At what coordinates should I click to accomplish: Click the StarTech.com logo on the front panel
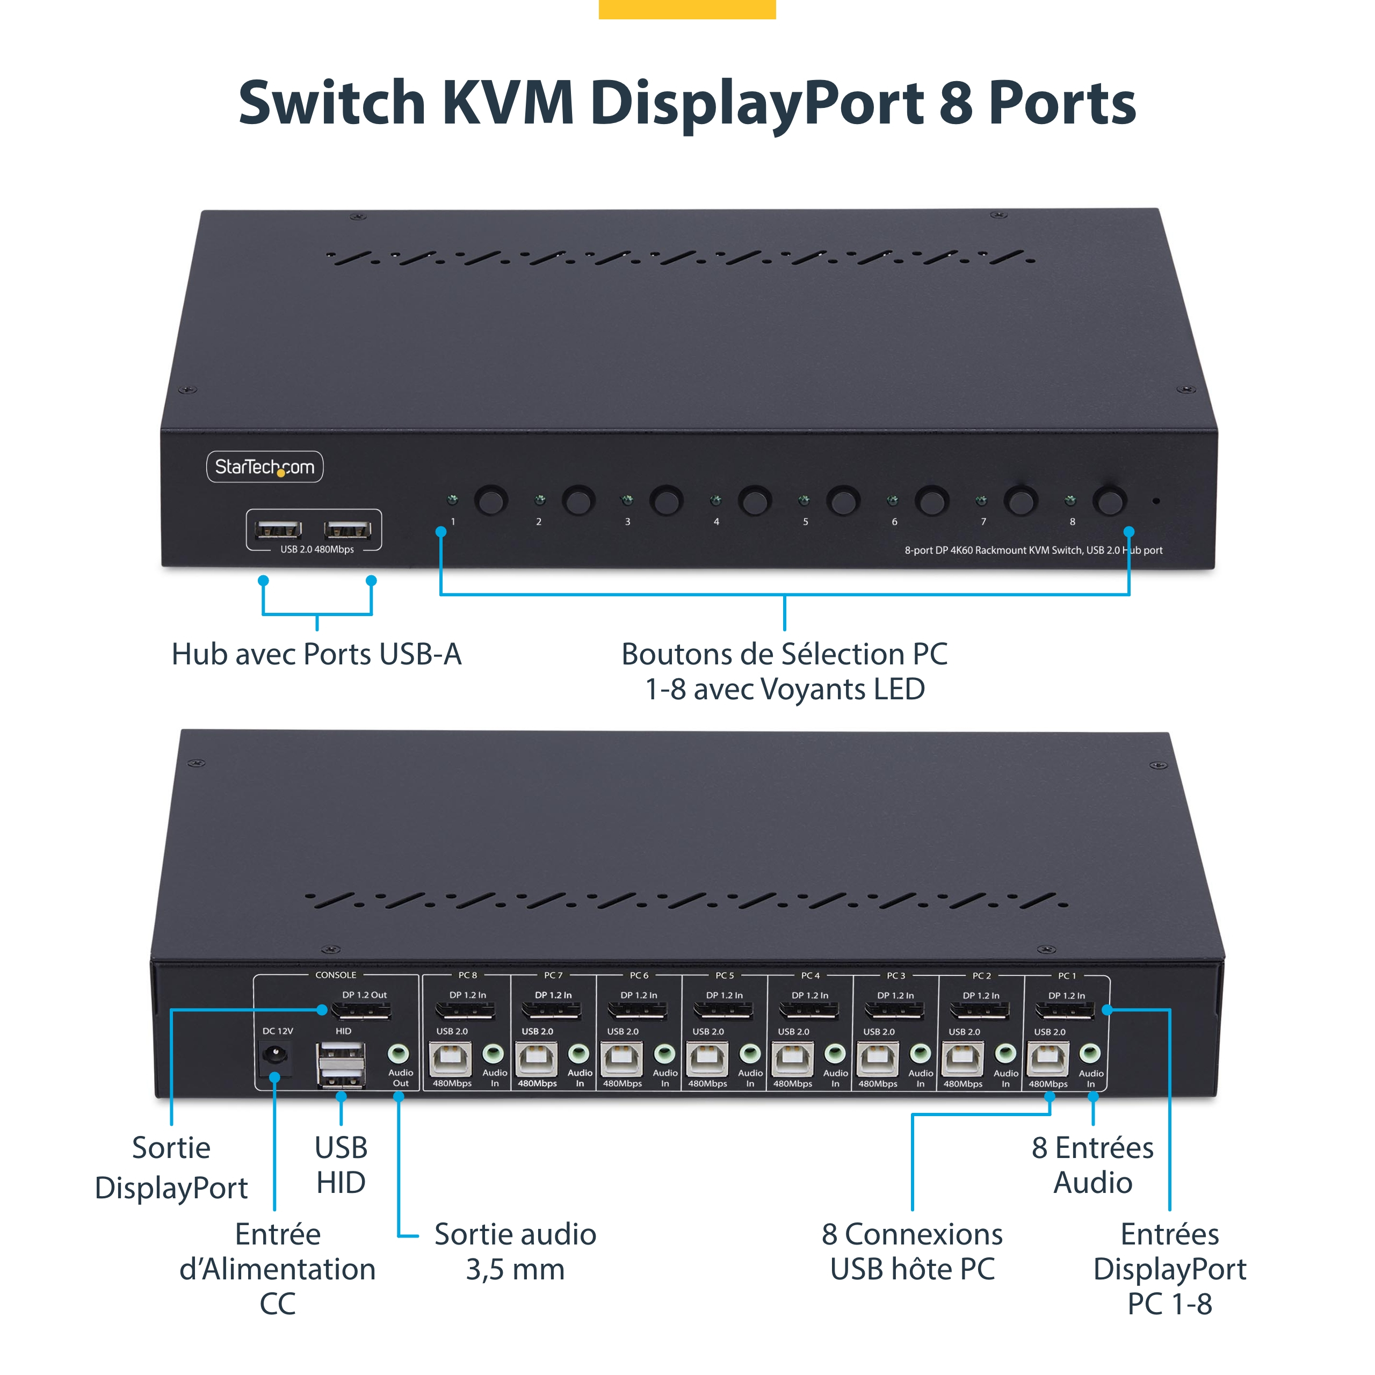[x=265, y=467]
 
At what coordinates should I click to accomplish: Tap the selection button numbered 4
[x=755, y=501]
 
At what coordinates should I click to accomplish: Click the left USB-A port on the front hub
[x=279, y=530]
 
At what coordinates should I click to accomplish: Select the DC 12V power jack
[x=274, y=1054]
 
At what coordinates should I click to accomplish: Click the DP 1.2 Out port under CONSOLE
[x=361, y=1011]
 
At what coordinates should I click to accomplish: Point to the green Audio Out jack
[x=399, y=1053]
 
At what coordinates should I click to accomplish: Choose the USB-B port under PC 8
[x=451, y=1059]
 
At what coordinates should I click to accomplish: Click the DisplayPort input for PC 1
[x=1066, y=1011]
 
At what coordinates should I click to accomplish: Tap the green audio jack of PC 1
[x=1090, y=1053]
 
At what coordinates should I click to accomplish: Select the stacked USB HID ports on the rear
[x=342, y=1065]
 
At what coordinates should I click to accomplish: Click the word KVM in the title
[x=508, y=103]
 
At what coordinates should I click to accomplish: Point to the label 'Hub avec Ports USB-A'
[x=317, y=654]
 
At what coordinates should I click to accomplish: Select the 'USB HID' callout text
[x=342, y=1165]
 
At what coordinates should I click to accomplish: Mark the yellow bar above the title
[x=687, y=9]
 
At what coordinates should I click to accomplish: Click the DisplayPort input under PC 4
[x=810, y=1011]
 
